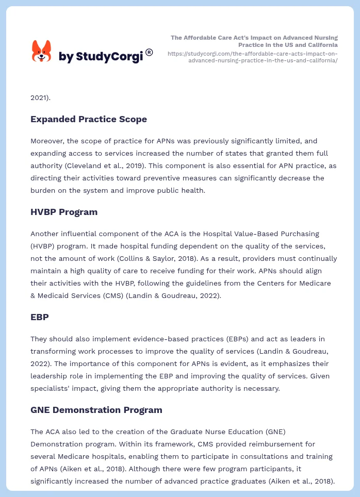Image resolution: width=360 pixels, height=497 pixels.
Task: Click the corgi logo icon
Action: click(x=42, y=52)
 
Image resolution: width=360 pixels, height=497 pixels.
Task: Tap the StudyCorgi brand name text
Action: click(x=101, y=57)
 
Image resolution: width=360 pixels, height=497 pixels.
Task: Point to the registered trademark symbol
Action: click(x=149, y=52)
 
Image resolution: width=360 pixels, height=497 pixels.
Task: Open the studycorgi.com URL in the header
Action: click(x=253, y=57)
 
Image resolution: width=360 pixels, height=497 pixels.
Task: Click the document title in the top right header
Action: click(x=254, y=41)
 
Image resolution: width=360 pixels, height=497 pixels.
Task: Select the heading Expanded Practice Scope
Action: click(x=89, y=119)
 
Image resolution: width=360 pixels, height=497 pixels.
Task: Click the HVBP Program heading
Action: click(x=64, y=212)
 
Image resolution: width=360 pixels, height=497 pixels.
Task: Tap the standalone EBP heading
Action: click(x=40, y=317)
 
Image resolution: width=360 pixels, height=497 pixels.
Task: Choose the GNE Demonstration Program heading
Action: click(x=96, y=410)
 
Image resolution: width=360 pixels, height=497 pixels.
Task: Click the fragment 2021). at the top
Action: click(x=41, y=97)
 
